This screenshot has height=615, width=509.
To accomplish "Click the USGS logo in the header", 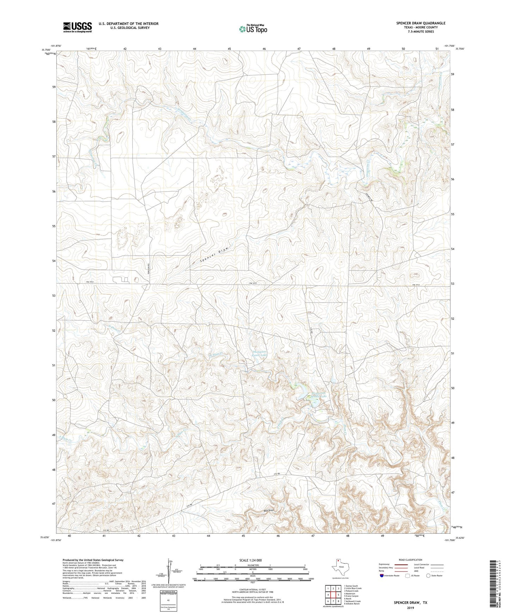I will point(77,27).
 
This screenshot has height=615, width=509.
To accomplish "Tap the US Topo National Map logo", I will point(253,29).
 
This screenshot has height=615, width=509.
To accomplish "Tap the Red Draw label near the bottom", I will point(269,510).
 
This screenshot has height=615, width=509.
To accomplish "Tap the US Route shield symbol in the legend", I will point(408,576).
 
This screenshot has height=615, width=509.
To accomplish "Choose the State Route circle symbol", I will point(428,576).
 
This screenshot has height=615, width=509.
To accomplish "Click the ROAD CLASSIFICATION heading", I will point(410,560).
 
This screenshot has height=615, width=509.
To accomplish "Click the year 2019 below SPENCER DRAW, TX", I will point(410,608).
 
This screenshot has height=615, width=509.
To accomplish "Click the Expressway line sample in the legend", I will point(403,564).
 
